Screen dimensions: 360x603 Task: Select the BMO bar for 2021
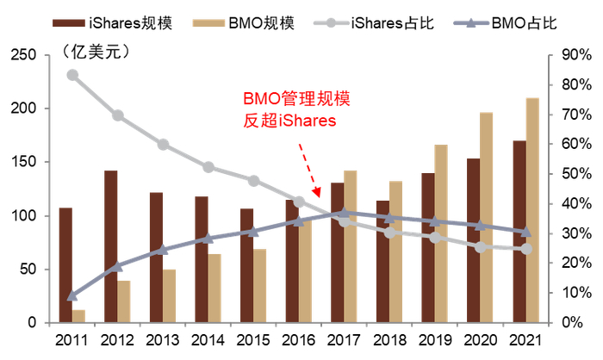pos(532,210)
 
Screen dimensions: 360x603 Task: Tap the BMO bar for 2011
pos(79,316)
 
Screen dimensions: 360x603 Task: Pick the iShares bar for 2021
pos(519,232)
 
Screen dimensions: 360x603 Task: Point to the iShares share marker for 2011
pos(72,75)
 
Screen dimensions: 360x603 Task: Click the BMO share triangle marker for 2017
pos(344,212)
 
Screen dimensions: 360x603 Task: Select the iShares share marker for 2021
pos(525,249)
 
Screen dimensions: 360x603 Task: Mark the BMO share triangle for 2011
pos(72,295)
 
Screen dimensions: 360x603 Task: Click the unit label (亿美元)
pos(95,53)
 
